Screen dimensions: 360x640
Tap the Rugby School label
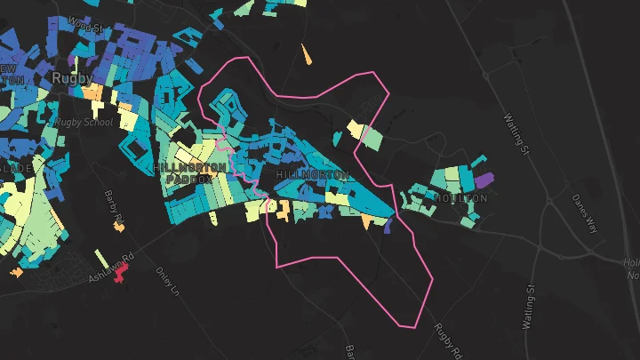(81, 122)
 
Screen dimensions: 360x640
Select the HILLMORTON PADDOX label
(184, 172)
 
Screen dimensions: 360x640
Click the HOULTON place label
(460, 198)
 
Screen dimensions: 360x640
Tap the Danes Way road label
(585, 213)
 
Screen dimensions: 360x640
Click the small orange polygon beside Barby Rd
(118, 227)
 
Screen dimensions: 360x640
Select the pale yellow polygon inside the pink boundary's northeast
(356, 130)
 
